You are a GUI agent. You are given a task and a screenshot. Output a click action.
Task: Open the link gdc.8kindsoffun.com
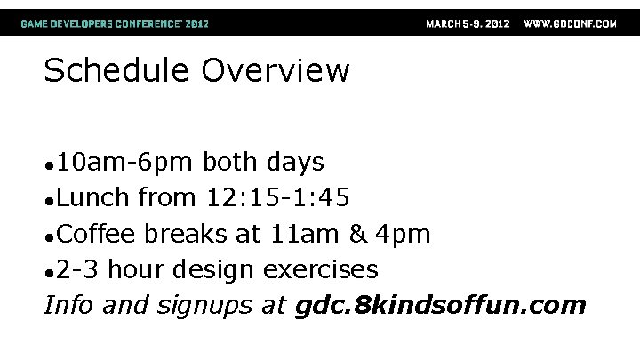(x=439, y=306)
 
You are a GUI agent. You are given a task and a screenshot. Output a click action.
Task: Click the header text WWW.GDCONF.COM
(x=570, y=23)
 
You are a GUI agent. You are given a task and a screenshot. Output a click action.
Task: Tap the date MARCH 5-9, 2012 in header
(x=468, y=23)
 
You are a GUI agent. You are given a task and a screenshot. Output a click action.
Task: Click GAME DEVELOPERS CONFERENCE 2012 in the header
(x=116, y=23)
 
